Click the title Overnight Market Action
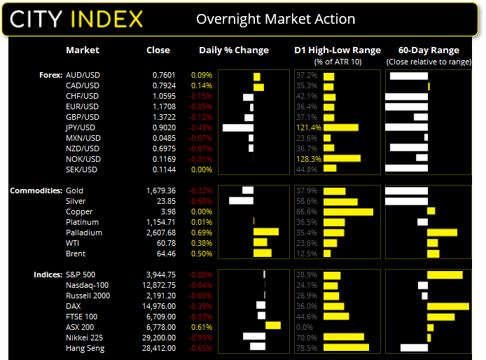(275, 19)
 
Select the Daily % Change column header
(234, 50)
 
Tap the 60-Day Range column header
(429, 50)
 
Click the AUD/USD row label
(83, 75)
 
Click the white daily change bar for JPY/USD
(237, 127)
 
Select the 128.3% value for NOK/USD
(308, 159)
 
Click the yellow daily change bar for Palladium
(266, 233)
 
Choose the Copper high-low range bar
(348, 212)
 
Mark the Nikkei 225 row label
(83, 337)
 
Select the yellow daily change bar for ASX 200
(273, 326)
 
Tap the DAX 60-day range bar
(447, 305)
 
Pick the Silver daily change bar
(241, 201)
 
